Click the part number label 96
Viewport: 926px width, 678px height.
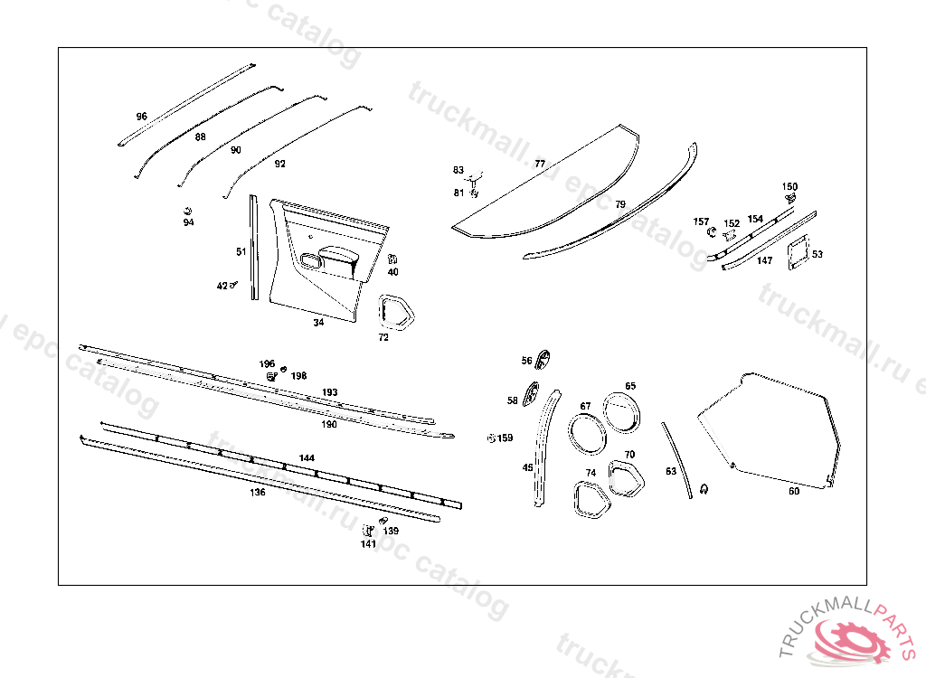click(x=141, y=117)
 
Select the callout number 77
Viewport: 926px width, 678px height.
click(x=540, y=164)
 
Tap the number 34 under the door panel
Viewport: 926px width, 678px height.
click(x=318, y=323)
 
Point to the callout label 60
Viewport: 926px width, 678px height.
click(x=794, y=491)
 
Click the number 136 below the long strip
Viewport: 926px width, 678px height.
click(x=258, y=493)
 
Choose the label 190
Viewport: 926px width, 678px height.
click(x=329, y=423)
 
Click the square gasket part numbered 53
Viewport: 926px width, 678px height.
click(x=798, y=252)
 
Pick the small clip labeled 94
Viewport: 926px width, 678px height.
click(x=187, y=212)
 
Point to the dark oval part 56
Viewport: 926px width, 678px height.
click(x=543, y=359)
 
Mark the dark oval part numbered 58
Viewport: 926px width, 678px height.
click(x=532, y=395)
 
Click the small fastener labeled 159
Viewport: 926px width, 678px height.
click(x=491, y=438)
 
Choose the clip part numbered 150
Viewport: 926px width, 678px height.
click(x=791, y=197)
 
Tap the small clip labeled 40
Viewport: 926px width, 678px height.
click(x=392, y=259)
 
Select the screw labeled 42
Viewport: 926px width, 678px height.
click(x=233, y=286)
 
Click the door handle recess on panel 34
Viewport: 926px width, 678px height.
click(x=312, y=261)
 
